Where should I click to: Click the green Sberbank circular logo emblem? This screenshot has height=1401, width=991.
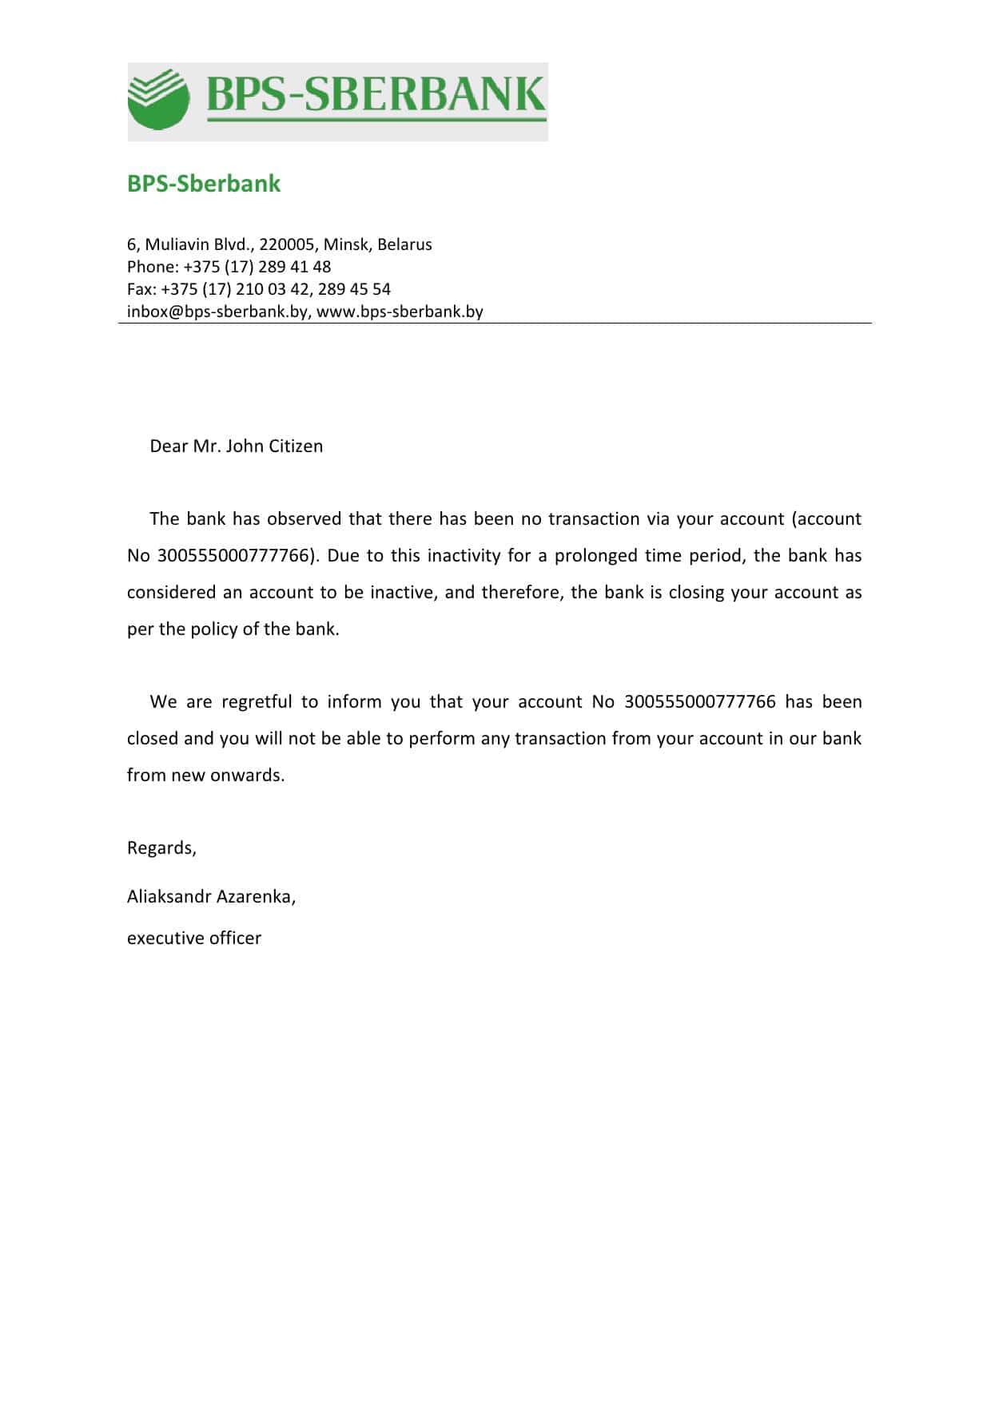pyautogui.click(x=158, y=100)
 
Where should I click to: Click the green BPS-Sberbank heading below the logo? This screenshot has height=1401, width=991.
pyautogui.click(x=204, y=184)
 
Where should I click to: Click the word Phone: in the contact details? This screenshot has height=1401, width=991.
pyautogui.click(x=153, y=267)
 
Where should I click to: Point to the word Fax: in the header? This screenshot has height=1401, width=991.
pyautogui.click(x=141, y=289)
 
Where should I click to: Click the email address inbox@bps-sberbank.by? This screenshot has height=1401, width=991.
pyautogui.click(x=217, y=312)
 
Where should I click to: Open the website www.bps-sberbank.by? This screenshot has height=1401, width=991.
pyautogui.click(x=400, y=312)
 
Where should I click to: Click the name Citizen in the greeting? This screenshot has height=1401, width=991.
pyautogui.click(x=296, y=446)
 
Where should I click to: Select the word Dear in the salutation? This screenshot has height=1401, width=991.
pyautogui.click(x=169, y=446)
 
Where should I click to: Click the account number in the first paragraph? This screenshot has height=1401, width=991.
pyautogui.click(x=233, y=556)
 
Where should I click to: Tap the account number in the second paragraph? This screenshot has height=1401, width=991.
pyautogui.click(x=699, y=702)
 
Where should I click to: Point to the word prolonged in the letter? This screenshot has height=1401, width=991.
pyautogui.click(x=596, y=556)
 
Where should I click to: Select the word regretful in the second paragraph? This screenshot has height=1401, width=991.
pyautogui.click(x=257, y=702)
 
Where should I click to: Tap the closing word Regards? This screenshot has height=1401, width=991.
pyautogui.click(x=161, y=848)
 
